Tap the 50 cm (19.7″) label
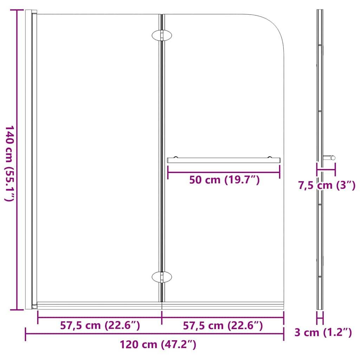pos(224,180)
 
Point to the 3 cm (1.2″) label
pos(323,332)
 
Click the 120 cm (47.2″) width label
pos(157,345)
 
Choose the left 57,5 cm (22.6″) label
pos(100,326)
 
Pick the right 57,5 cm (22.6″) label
pos(223,326)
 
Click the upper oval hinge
pos(162,36)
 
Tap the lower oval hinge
pos(162,277)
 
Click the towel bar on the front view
pos(224,160)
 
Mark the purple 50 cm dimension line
pos(224,172)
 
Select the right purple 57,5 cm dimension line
pos(223,317)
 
